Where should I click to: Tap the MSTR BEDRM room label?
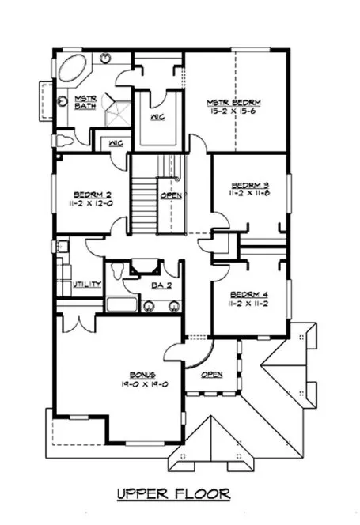[x=233, y=102]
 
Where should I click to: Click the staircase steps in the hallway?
[x=142, y=204]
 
